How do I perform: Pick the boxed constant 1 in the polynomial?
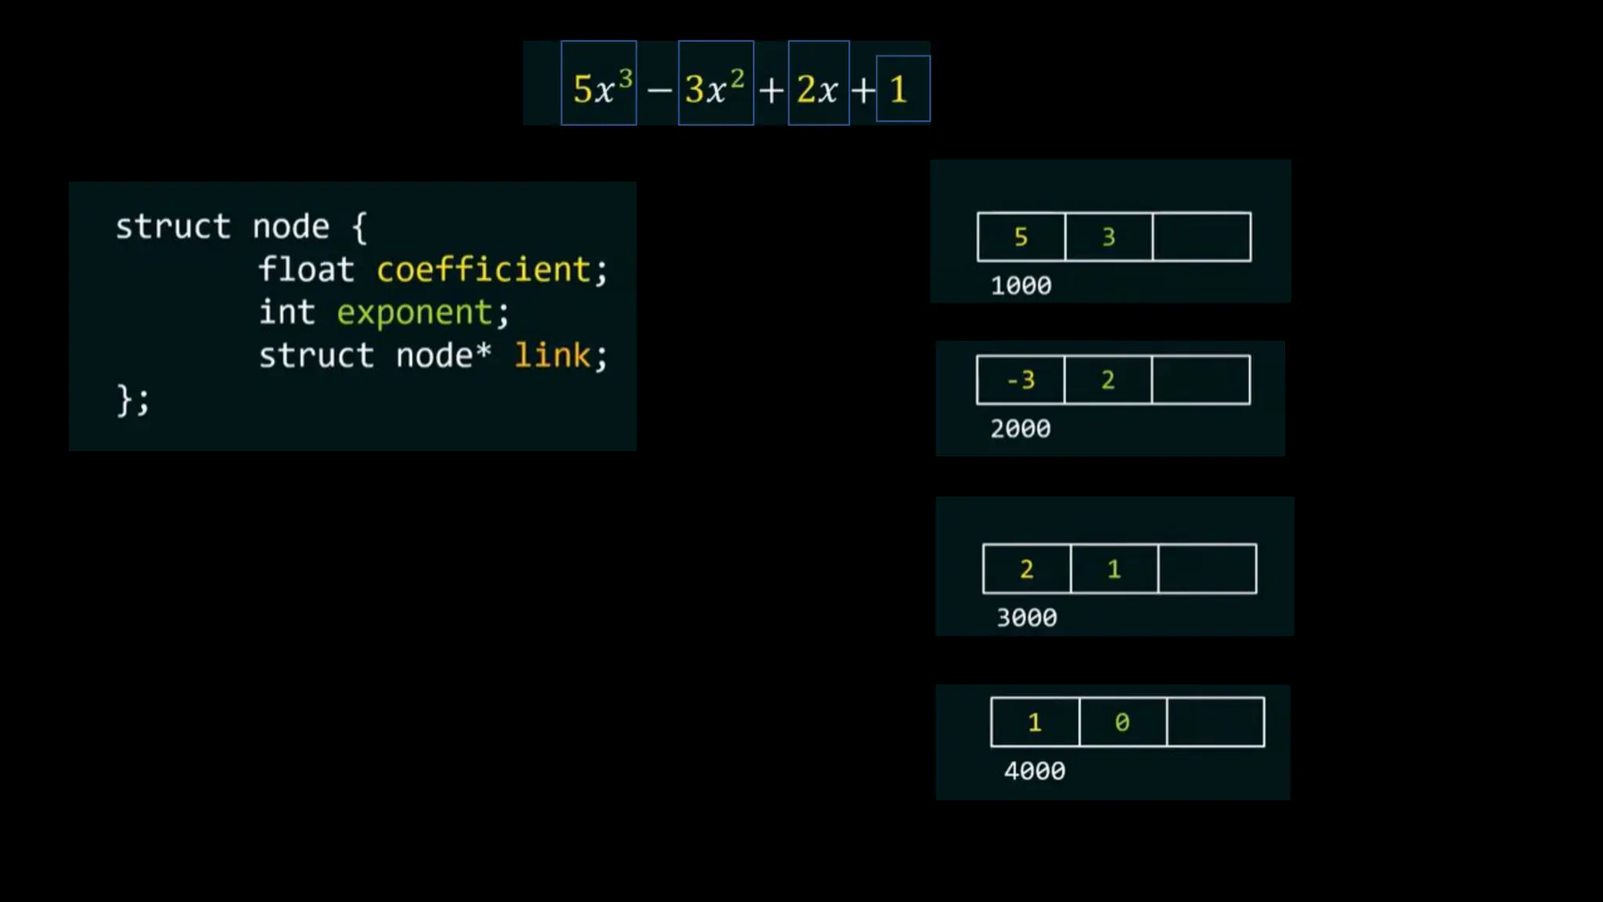(x=902, y=89)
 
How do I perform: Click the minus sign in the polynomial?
(x=659, y=91)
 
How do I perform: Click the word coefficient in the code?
(x=483, y=269)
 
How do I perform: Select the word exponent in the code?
(x=414, y=312)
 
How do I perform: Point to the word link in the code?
(x=552, y=355)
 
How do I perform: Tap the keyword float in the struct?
(x=306, y=269)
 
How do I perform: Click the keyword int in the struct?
(x=286, y=312)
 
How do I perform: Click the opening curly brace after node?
(x=359, y=228)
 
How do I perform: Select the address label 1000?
(x=1021, y=286)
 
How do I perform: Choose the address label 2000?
(x=1020, y=429)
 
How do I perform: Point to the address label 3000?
(x=1026, y=618)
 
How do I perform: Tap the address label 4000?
(x=1034, y=771)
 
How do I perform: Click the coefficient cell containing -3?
(x=1021, y=381)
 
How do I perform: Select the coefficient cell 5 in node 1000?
(x=1021, y=237)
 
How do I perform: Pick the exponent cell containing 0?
(x=1122, y=722)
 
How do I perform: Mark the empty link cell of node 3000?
(x=1207, y=569)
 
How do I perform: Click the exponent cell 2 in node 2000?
(x=1108, y=381)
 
